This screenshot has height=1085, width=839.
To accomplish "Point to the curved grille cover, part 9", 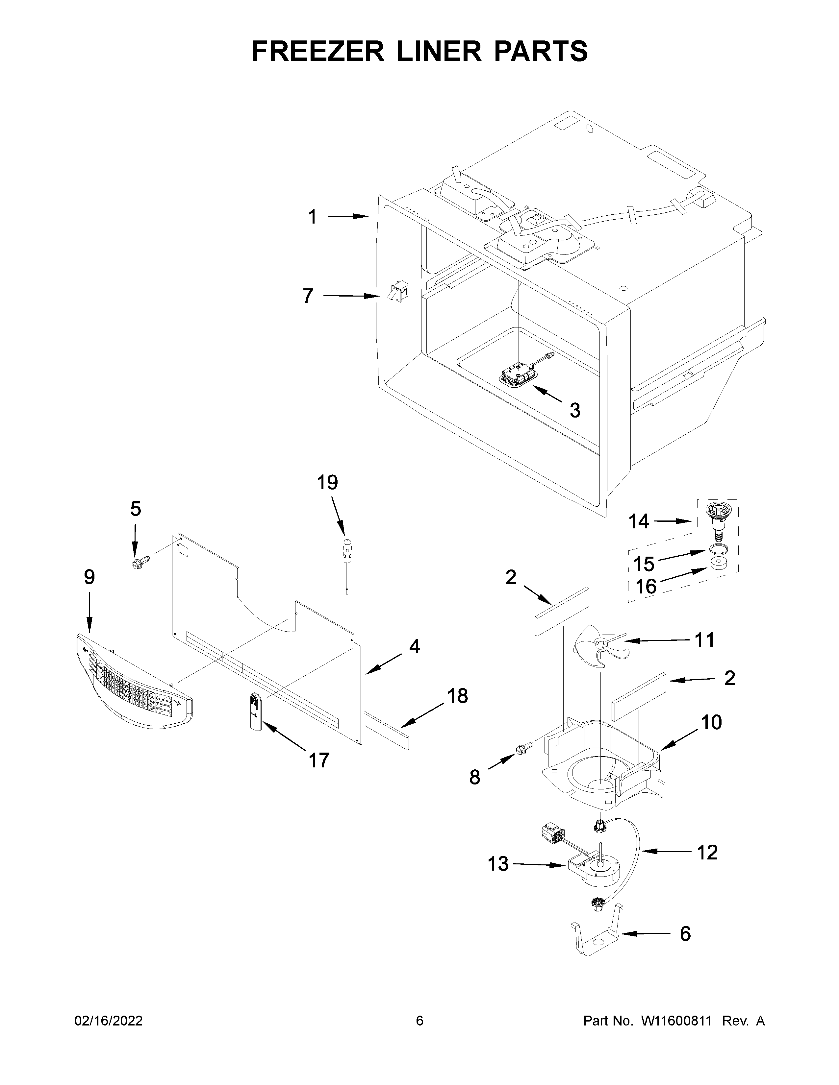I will point(134,681).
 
